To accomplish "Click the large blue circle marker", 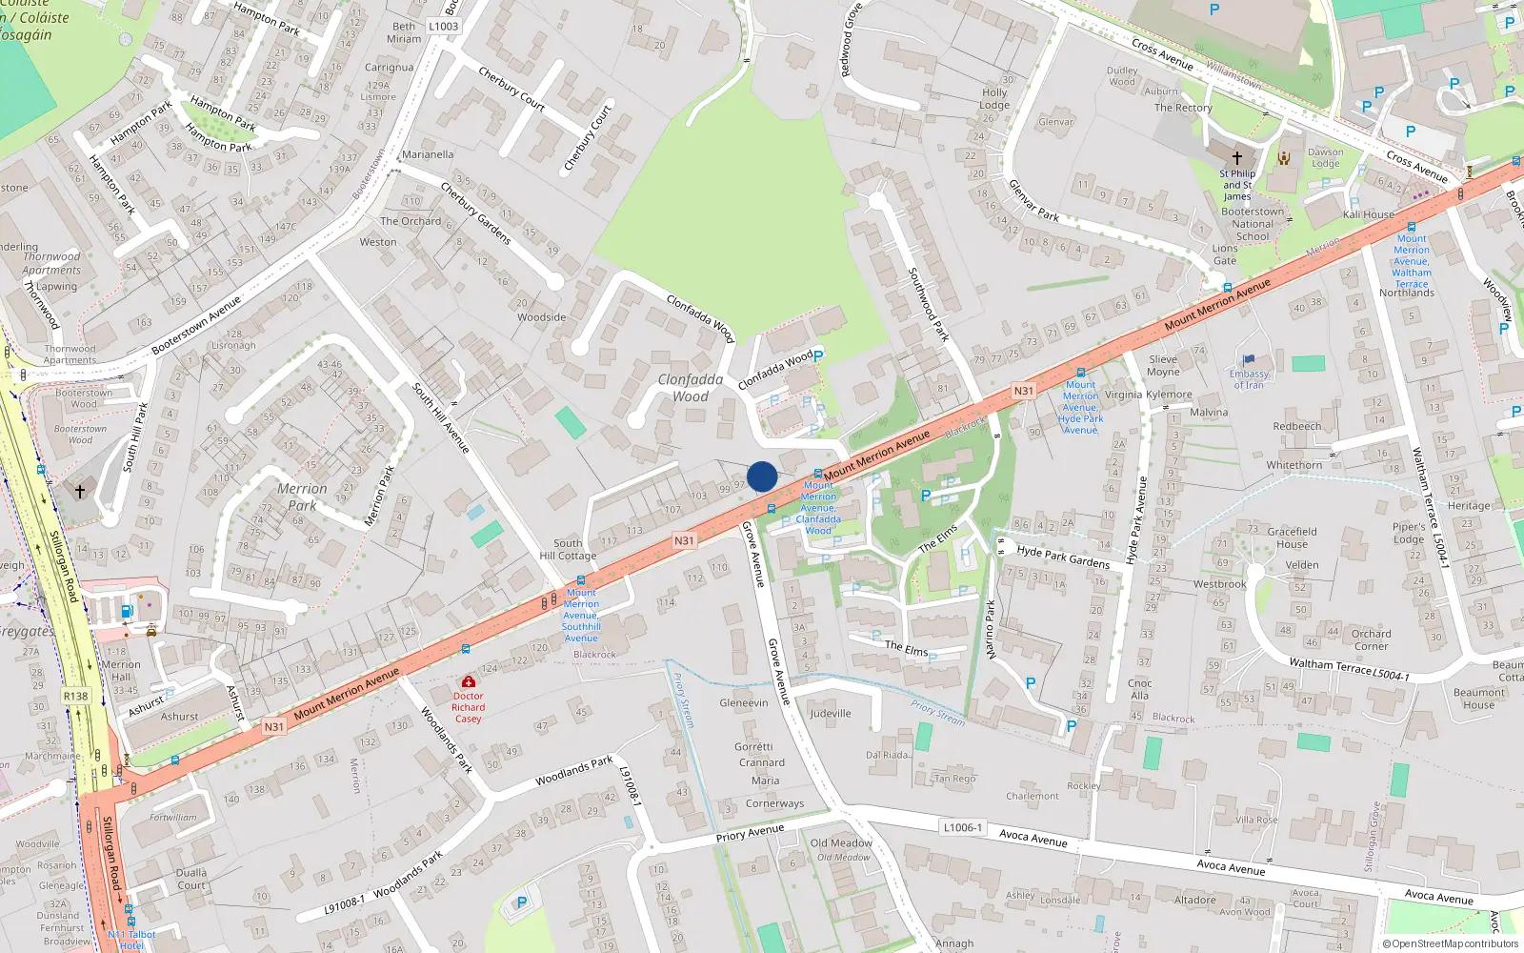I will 762,476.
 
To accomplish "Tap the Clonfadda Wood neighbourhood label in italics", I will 690,388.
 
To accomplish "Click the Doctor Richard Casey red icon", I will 468,682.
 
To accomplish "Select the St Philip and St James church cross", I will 1236,157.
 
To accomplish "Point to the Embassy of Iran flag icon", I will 1249,360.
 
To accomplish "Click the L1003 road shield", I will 443,26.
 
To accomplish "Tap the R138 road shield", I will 75,696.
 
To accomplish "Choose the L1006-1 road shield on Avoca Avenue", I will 962,827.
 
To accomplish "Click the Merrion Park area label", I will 302,497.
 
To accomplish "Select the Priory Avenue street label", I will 750,833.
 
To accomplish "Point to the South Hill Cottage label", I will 568,549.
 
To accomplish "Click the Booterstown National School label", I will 1253,224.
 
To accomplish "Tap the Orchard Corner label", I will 1371,639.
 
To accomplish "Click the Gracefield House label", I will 1292,537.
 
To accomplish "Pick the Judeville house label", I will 830,713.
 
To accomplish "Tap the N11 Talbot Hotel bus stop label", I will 131,940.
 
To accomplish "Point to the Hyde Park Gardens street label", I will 1063,557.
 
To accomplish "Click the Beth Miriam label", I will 404,32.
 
